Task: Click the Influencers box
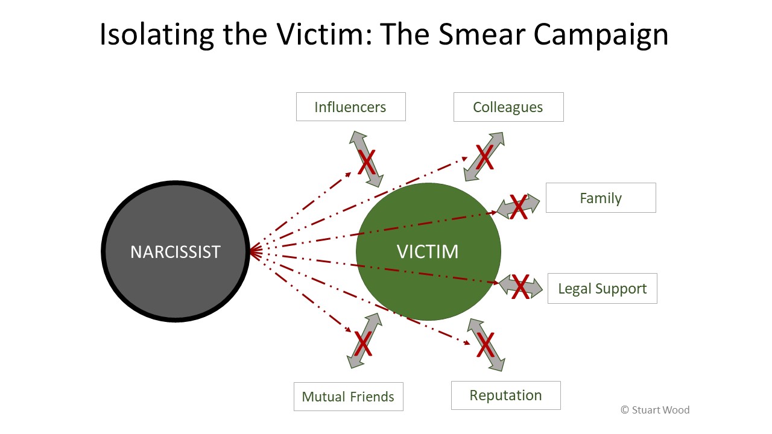pos(350,107)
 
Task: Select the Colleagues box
pos(508,107)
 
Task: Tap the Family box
pos(601,198)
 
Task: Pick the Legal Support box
pos(602,288)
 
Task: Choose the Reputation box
pos(505,395)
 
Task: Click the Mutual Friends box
pos(348,397)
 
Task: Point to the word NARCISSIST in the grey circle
pos(176,251)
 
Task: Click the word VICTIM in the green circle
pos(428,251)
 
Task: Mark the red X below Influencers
pos(367,161)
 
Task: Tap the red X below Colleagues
pos(484,157)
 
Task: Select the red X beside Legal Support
pos(520,286)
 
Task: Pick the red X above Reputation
pos(486,345)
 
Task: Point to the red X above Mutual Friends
pos(363,343)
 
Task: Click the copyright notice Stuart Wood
pos(655,410)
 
